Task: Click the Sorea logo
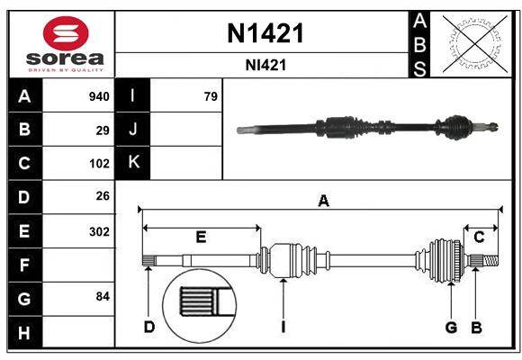[65, 45]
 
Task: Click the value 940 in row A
[99, 96]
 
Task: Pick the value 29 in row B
[103, 130]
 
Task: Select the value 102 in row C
[99, 164]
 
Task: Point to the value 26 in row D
[103, 196]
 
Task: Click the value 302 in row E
[99, 231]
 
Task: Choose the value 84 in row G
[103, 296]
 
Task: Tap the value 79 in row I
[211, 96]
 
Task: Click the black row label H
[24, 333]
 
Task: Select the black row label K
[133, 163]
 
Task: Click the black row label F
[24, 265]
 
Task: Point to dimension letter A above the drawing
[323, 202]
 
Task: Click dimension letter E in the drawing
[201, 237]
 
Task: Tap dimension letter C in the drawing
[479, 237]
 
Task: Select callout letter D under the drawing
[149, 327]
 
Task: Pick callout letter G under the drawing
[451, 327]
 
